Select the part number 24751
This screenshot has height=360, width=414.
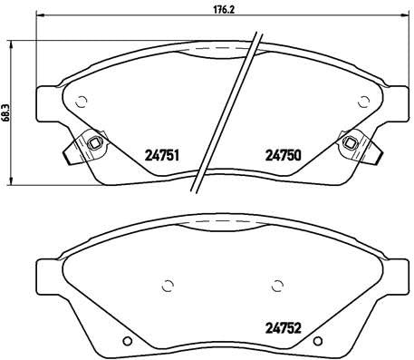(159, 154)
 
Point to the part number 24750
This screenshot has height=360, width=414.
(282, 154)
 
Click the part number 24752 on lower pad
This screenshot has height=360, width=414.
(283, 329)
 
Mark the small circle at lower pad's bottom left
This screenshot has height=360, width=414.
(128, 342)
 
